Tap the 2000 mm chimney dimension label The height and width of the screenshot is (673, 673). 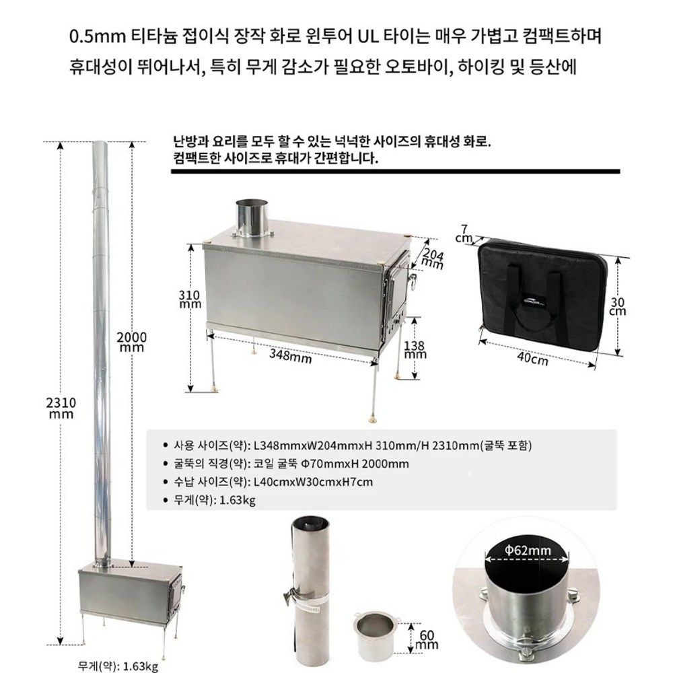pyautogui.click(x=131, y=341)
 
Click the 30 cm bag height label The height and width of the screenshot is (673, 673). pyautogui.click(x=618, y=306)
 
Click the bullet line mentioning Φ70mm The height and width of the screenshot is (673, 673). pyautogui.click(x=291, y=464)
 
